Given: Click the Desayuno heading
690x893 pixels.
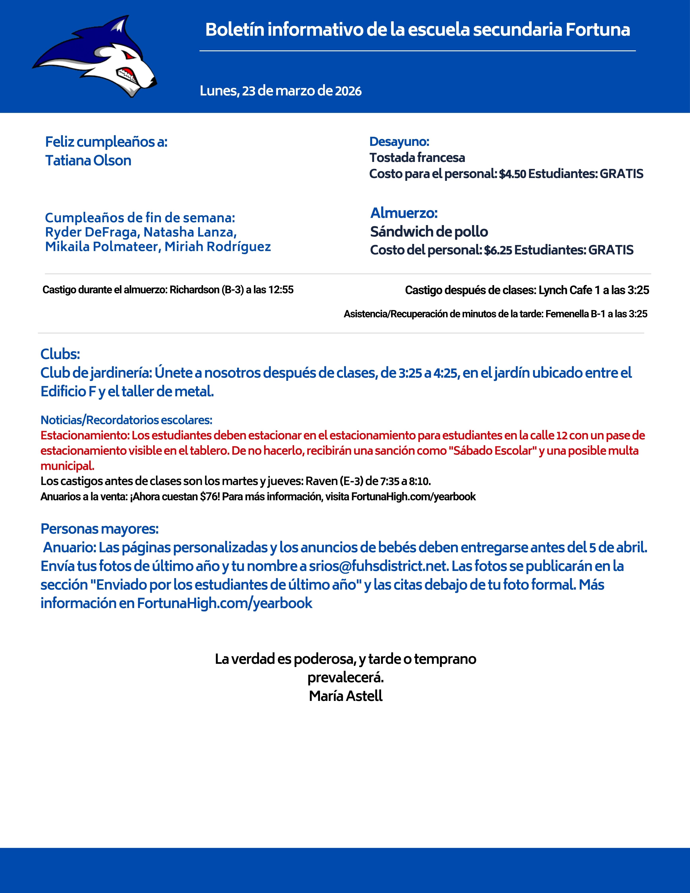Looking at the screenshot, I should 399,142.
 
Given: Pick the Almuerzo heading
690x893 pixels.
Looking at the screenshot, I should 404,213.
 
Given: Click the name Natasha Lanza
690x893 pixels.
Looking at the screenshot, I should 190,232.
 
